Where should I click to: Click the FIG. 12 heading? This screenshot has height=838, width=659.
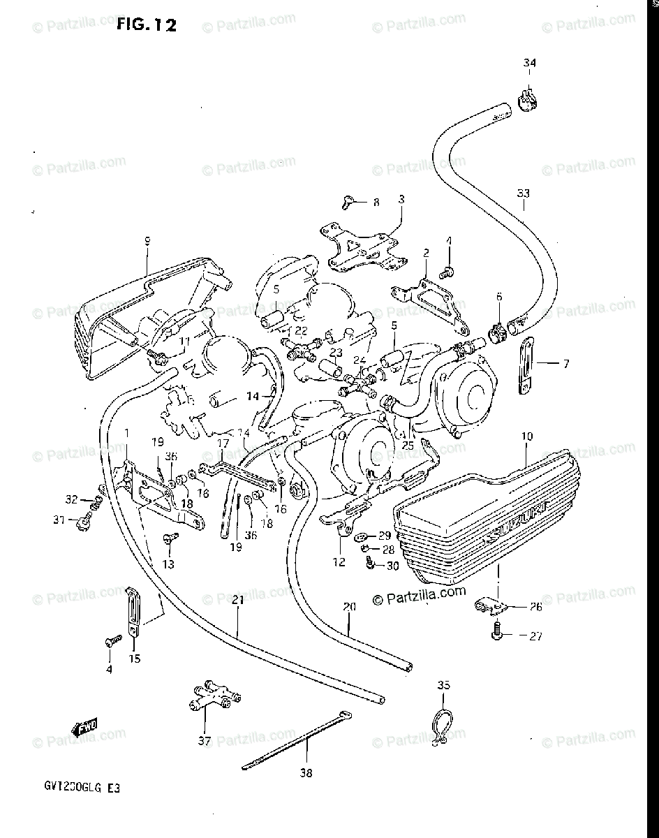coord(146,26)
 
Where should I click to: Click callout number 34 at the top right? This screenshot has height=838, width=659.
coord(529,64)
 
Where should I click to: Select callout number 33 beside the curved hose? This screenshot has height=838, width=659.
coord(524,193)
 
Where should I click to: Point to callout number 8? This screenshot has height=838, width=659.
coord(376,203)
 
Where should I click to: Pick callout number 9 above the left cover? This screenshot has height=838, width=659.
coord(147,241)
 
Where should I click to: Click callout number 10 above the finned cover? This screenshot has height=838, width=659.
coord(526,436)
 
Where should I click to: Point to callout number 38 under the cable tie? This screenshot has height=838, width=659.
coord(306,773)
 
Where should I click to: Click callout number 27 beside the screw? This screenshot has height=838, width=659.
coord(535,636)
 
